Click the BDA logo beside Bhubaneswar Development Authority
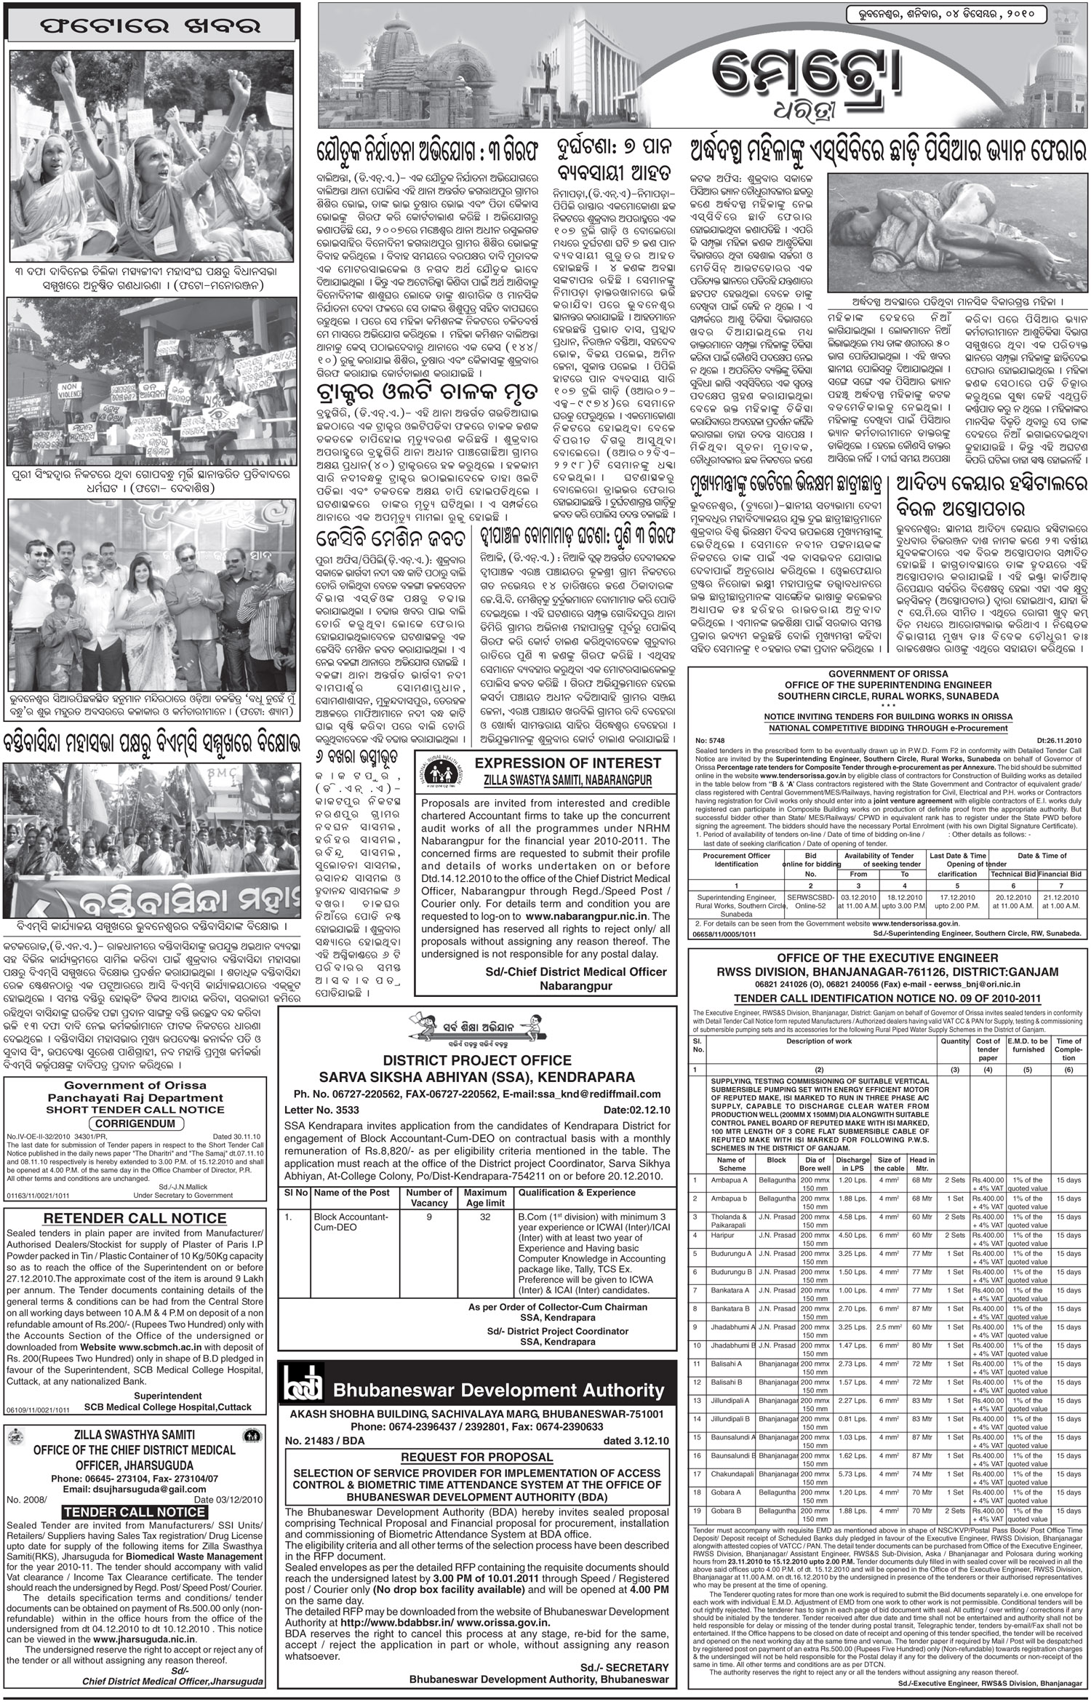pyautogui.click(x=303, y=1389)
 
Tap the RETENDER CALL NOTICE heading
pyautogui.click(x=135, y=1219)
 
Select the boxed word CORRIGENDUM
pyautogui.click(x=135, y=1124)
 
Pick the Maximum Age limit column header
pyautogui.click(x=485, y=1197)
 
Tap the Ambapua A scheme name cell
pyautogui.click(x=730, y=1179)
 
